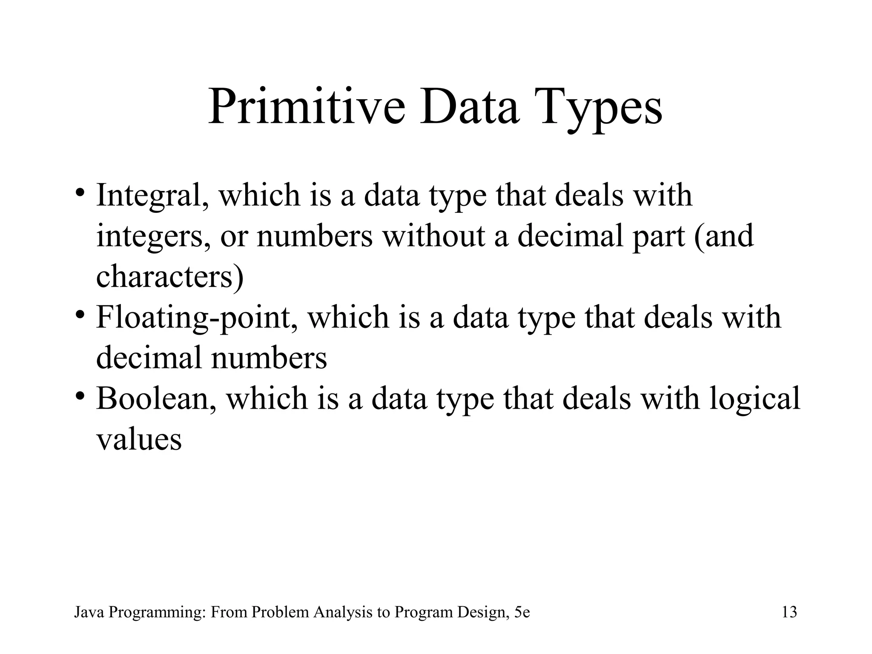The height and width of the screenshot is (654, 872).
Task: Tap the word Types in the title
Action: click(x=600, y=109)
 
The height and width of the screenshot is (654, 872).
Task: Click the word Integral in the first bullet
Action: click(x=152, y=195)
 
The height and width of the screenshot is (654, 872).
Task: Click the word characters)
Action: click(x=170, y=277)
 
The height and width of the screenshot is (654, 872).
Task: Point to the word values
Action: click(x=139, y=439)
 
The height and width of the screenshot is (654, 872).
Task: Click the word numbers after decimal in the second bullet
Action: click(x=269, y=358)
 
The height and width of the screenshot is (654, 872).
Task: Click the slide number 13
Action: click(x=789, y=613)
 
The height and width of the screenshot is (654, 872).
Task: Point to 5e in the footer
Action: click(x=522, y=613)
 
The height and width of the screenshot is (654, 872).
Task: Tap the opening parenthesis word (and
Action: click(x=724, y=237)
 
